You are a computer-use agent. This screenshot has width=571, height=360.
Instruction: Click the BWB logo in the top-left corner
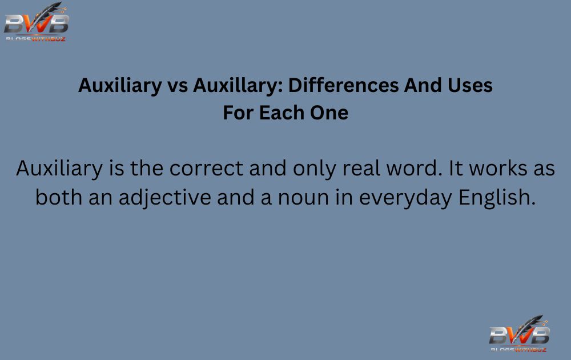37,22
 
